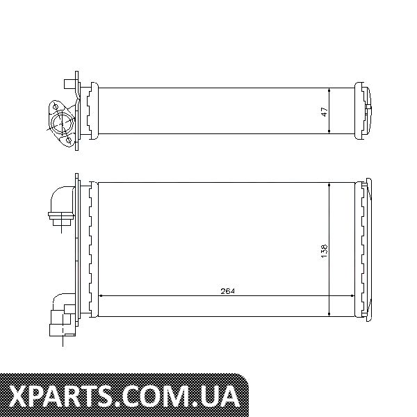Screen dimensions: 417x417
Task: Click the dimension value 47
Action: pyautogui.click(x=325, y=112)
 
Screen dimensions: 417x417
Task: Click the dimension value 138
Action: pyautogui.click(x=325, y=250)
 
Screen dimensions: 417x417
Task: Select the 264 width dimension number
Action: pyautogui.click(x=228, y=291)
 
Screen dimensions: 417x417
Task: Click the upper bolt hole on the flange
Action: pyautogui.click(x=56, y=107)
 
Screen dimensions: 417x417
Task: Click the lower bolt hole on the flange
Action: pyautogui.click(x=68, y=140)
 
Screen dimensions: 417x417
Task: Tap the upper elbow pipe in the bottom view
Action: pyautogui.click(x=63, y=205)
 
